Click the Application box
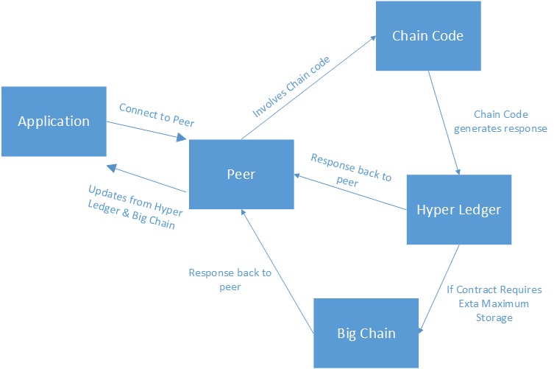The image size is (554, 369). coord(54,122)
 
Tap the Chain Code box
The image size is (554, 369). coord(427,36)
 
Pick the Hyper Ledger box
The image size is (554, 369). coord(458,209)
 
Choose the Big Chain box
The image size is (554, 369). coord(366,333)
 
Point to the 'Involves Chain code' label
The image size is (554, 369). coord(291,87)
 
